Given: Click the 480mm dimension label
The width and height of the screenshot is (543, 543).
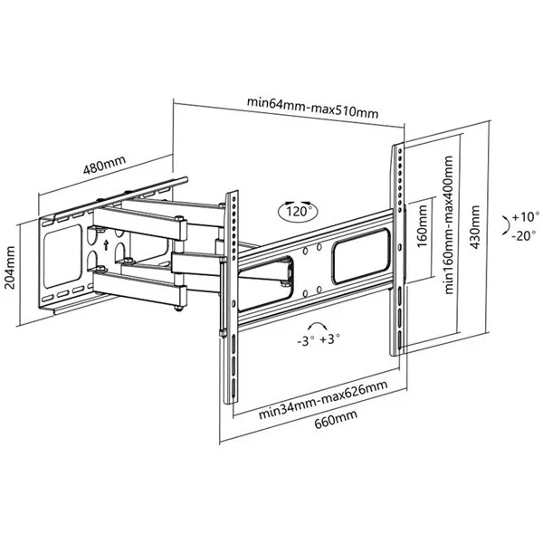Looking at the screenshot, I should (x=105, y=168).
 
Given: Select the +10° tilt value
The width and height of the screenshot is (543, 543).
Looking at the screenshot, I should (x=523, y=218).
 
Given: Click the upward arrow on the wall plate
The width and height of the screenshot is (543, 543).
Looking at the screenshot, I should (x=106, y=244).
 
